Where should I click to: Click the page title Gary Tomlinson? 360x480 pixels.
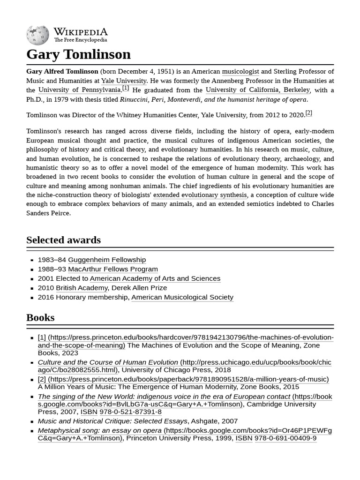(78, 54)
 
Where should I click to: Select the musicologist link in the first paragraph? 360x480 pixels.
(240, 72)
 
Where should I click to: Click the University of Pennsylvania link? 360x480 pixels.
(79, 90)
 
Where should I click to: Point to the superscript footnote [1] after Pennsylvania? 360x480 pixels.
(126, 88)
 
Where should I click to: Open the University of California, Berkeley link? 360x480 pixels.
(257, 90)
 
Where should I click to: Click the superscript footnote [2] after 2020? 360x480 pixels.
(308, 113)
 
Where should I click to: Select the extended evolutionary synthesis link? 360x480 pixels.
(200, 195)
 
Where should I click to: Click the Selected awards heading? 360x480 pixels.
(63, 240)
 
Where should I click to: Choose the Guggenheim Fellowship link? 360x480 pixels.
(107, 260)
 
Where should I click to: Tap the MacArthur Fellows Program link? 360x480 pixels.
(113, 269)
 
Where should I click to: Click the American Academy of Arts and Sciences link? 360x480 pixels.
(155, 278)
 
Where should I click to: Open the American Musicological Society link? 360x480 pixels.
(182, 297)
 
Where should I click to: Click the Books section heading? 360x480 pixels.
(40, 317)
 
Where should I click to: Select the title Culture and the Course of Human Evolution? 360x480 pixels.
(108, 362)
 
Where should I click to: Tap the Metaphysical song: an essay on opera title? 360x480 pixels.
(99, 430)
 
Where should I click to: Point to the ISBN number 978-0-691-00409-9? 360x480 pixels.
(285, 438)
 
